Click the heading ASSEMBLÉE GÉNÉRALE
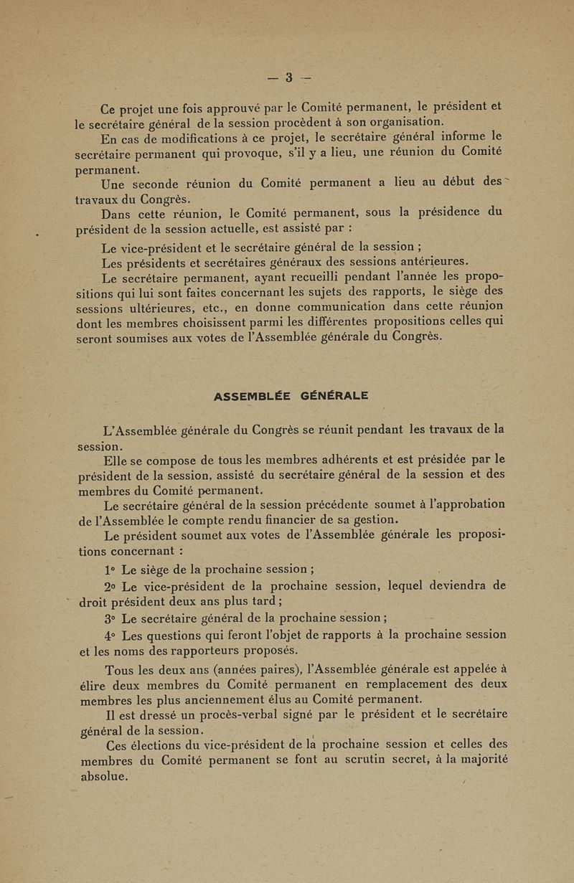291,396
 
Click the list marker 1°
109,570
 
